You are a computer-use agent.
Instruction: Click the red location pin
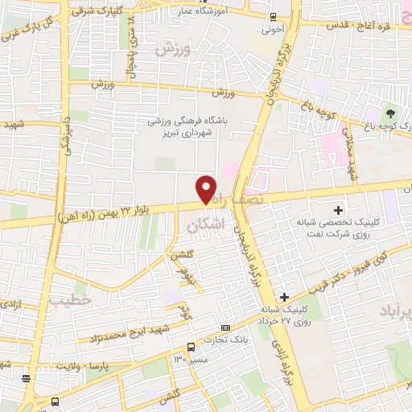tap(207, 189)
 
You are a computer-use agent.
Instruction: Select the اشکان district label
tap(204, 228)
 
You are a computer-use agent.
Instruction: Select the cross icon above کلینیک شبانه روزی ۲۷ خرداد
tap(284, 298)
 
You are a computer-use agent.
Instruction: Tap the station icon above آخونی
tap(272, 17)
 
